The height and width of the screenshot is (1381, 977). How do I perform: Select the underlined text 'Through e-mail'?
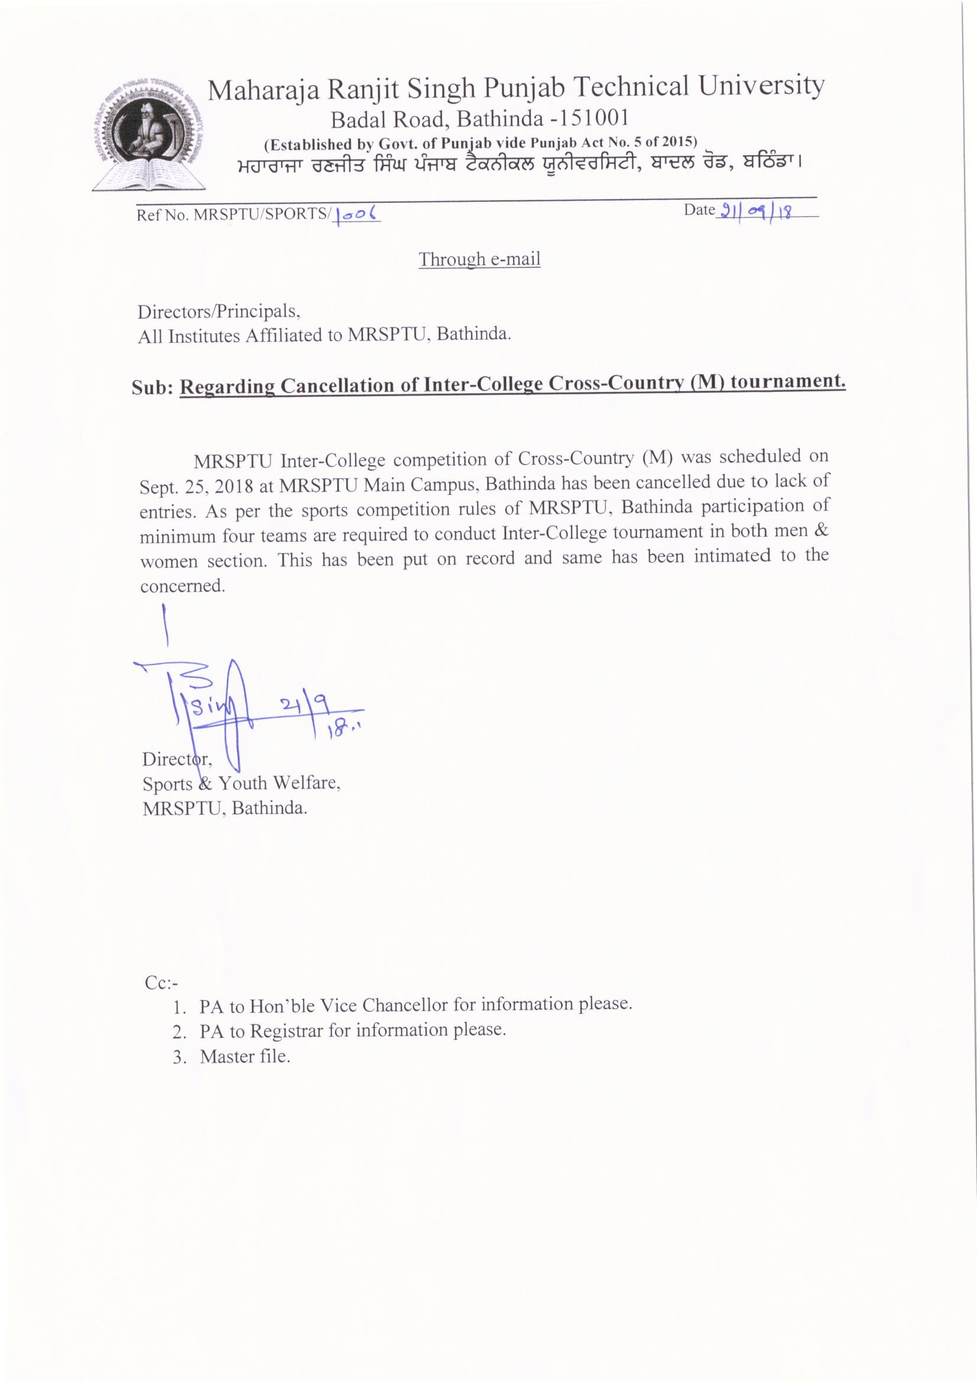pyautogui.click(x=479, y=259)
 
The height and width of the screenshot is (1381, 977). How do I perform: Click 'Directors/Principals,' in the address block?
pyautogui.click(x=219, y=311)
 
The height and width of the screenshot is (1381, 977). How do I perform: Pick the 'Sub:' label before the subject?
pyautogui.click(x=152, y=387)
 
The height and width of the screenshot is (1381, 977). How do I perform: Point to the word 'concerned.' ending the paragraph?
pyautogui.click(x=183, y=586)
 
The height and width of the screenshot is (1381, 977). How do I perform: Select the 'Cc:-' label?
pyautogui.click(x=161, y=982)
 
